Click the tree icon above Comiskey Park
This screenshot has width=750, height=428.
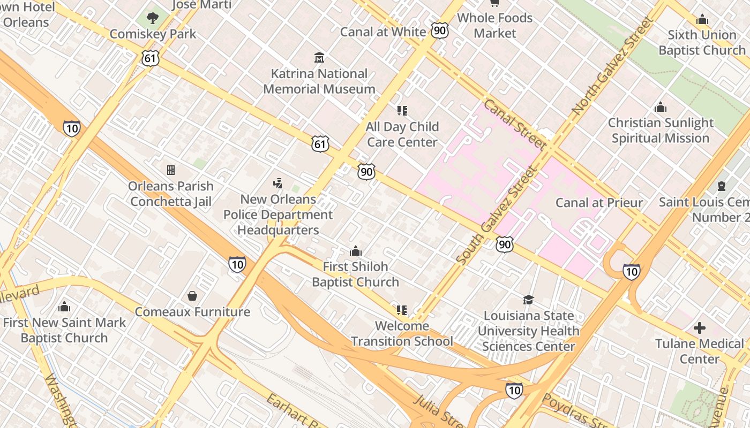pyautogui.click(x=153, y=18)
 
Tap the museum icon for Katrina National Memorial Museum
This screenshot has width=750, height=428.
pyautogui.click(x=319, y=57)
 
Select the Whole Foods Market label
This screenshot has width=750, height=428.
pyautogui.click(x=494, y=25)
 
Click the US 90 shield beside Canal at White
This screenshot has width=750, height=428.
pyautogui.click(x=440, y=30)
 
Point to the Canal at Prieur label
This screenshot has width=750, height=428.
pyautogui.click(x=599, y=202)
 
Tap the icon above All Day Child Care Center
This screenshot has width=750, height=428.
pyautogui.click(x=402, y=111)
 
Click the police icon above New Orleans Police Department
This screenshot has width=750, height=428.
pyautogui.click(x=277, y=184)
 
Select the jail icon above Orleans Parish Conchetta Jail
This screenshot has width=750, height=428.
pyautogui.click(x=171, y=170)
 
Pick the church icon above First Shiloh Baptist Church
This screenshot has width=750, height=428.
pyautogui.click(x=355, y=251)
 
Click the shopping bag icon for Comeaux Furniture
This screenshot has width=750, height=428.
pyautogui.click(x=192, y=296)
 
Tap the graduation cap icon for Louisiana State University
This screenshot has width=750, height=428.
pyautogui.click(x=528, y=300)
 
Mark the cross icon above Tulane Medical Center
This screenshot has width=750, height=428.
pyautogui.click(x=700, y=328)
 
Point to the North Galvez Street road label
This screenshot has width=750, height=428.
pyautogui.click(x=613, y=65)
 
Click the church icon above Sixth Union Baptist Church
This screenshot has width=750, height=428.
pyautogui.click(x=702, y=20)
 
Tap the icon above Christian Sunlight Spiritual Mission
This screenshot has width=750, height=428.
pyautogui.click(x=661, y=108)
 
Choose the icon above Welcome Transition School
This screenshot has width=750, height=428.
pyautogui.click(x=402, y=310)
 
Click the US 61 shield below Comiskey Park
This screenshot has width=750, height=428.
pyautogui.click(x=151, y=58)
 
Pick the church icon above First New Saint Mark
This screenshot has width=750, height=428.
pyautogui.click(x=64, y=307)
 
